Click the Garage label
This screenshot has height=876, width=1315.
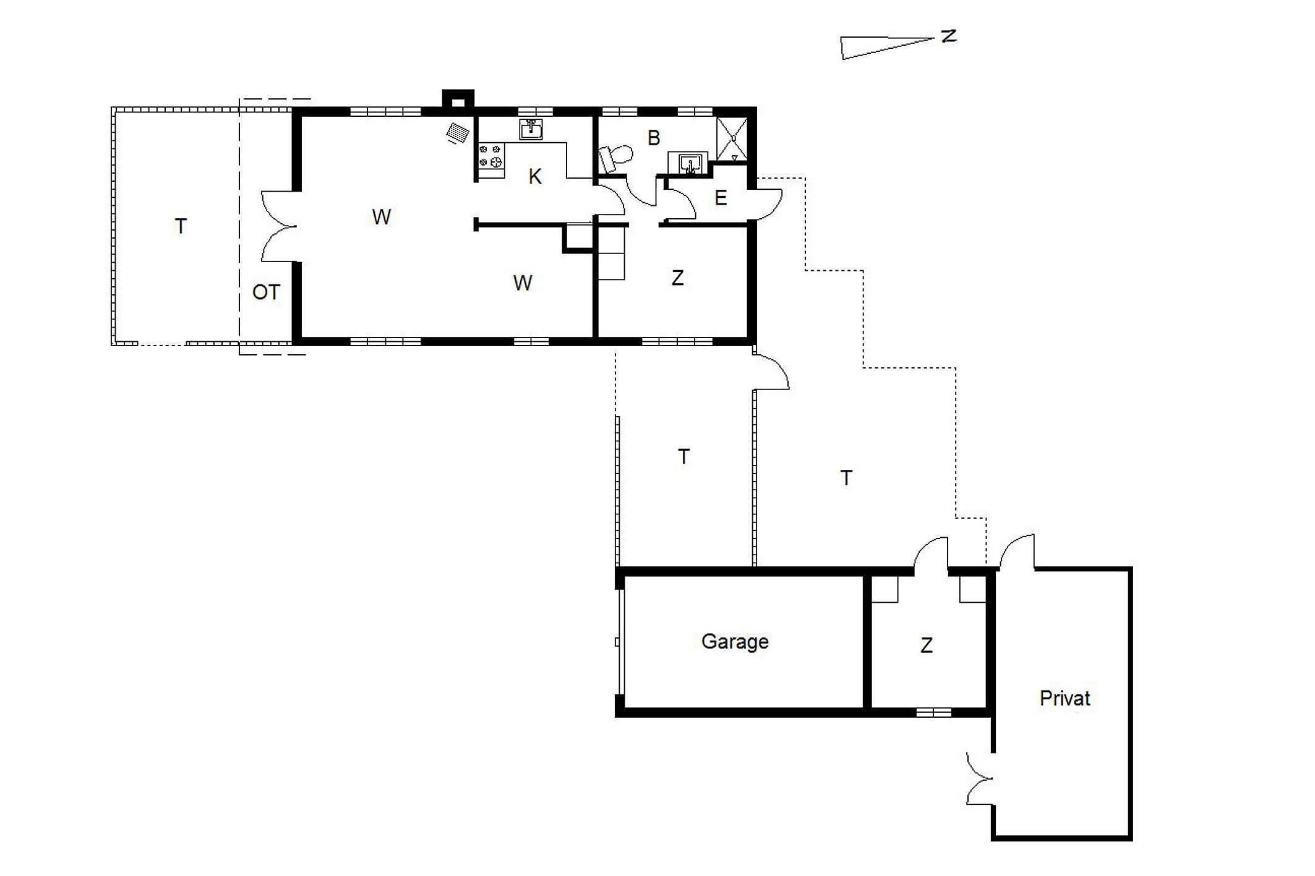pyautogui.click(x=735, y=642)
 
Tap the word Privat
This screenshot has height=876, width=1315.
pyautogui.click(x=1064, y=698)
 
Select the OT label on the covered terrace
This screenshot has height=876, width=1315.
pyautogui.click(x=266, y=292)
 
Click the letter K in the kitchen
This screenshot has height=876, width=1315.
pyautogui.click(x=535, y=177)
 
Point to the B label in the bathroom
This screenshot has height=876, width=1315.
pyautogui.click(x=653, y=138)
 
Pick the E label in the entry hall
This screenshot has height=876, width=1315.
pyautogui.click(x=720, y=198)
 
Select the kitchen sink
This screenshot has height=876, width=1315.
pyautogui.click(x=531, y=130)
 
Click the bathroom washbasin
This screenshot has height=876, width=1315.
pyautogui.click(x=688, y=163)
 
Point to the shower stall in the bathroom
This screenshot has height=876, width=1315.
pyautogui.click(x=732, y=139)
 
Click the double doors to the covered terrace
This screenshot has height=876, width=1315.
pyautogui.click(x=278, y=226)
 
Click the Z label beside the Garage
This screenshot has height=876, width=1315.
pyautogui.click(x=926, y=645)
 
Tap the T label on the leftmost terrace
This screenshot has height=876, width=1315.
pyautogui.click(x=181, y=226)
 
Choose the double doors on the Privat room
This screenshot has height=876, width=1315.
pyautogui.click(x=980, y=778)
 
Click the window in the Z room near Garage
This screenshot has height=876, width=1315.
pyautogui.click(x=933, y=713)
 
